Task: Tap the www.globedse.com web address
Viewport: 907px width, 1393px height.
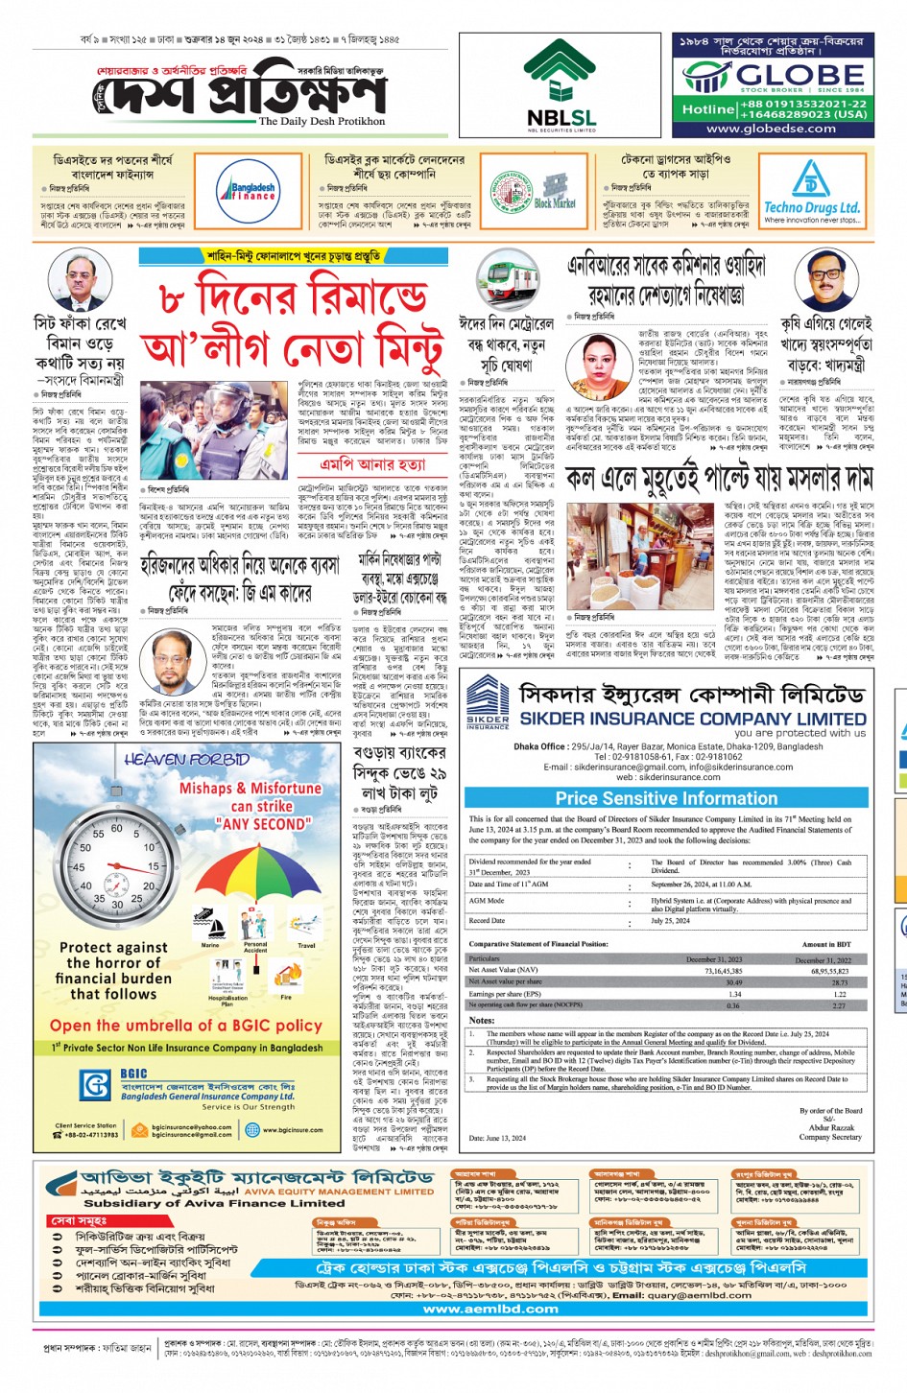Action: pyautogui.click(x=771, y=129)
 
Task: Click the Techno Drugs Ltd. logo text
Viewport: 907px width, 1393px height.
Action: pyautogui.click(x=811, y=207)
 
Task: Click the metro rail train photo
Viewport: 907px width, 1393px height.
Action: pyautogui.click(x=509, y=279)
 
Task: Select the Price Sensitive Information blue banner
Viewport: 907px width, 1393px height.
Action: pyautogui.click(x=666, y=798)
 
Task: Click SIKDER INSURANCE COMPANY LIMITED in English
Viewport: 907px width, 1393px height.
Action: pyautogui.click(x=693, y=719)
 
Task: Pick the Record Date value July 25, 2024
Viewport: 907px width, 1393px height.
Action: pyautogui.click(x=671, y=920)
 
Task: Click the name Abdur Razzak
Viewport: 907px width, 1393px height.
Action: pyautogui.click(x=830, y=1128)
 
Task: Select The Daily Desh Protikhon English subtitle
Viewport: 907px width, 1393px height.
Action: pyautogui.click(x=322, y=122)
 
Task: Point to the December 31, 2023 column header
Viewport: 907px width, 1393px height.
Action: pyautogui.click(x=713, y=958)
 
